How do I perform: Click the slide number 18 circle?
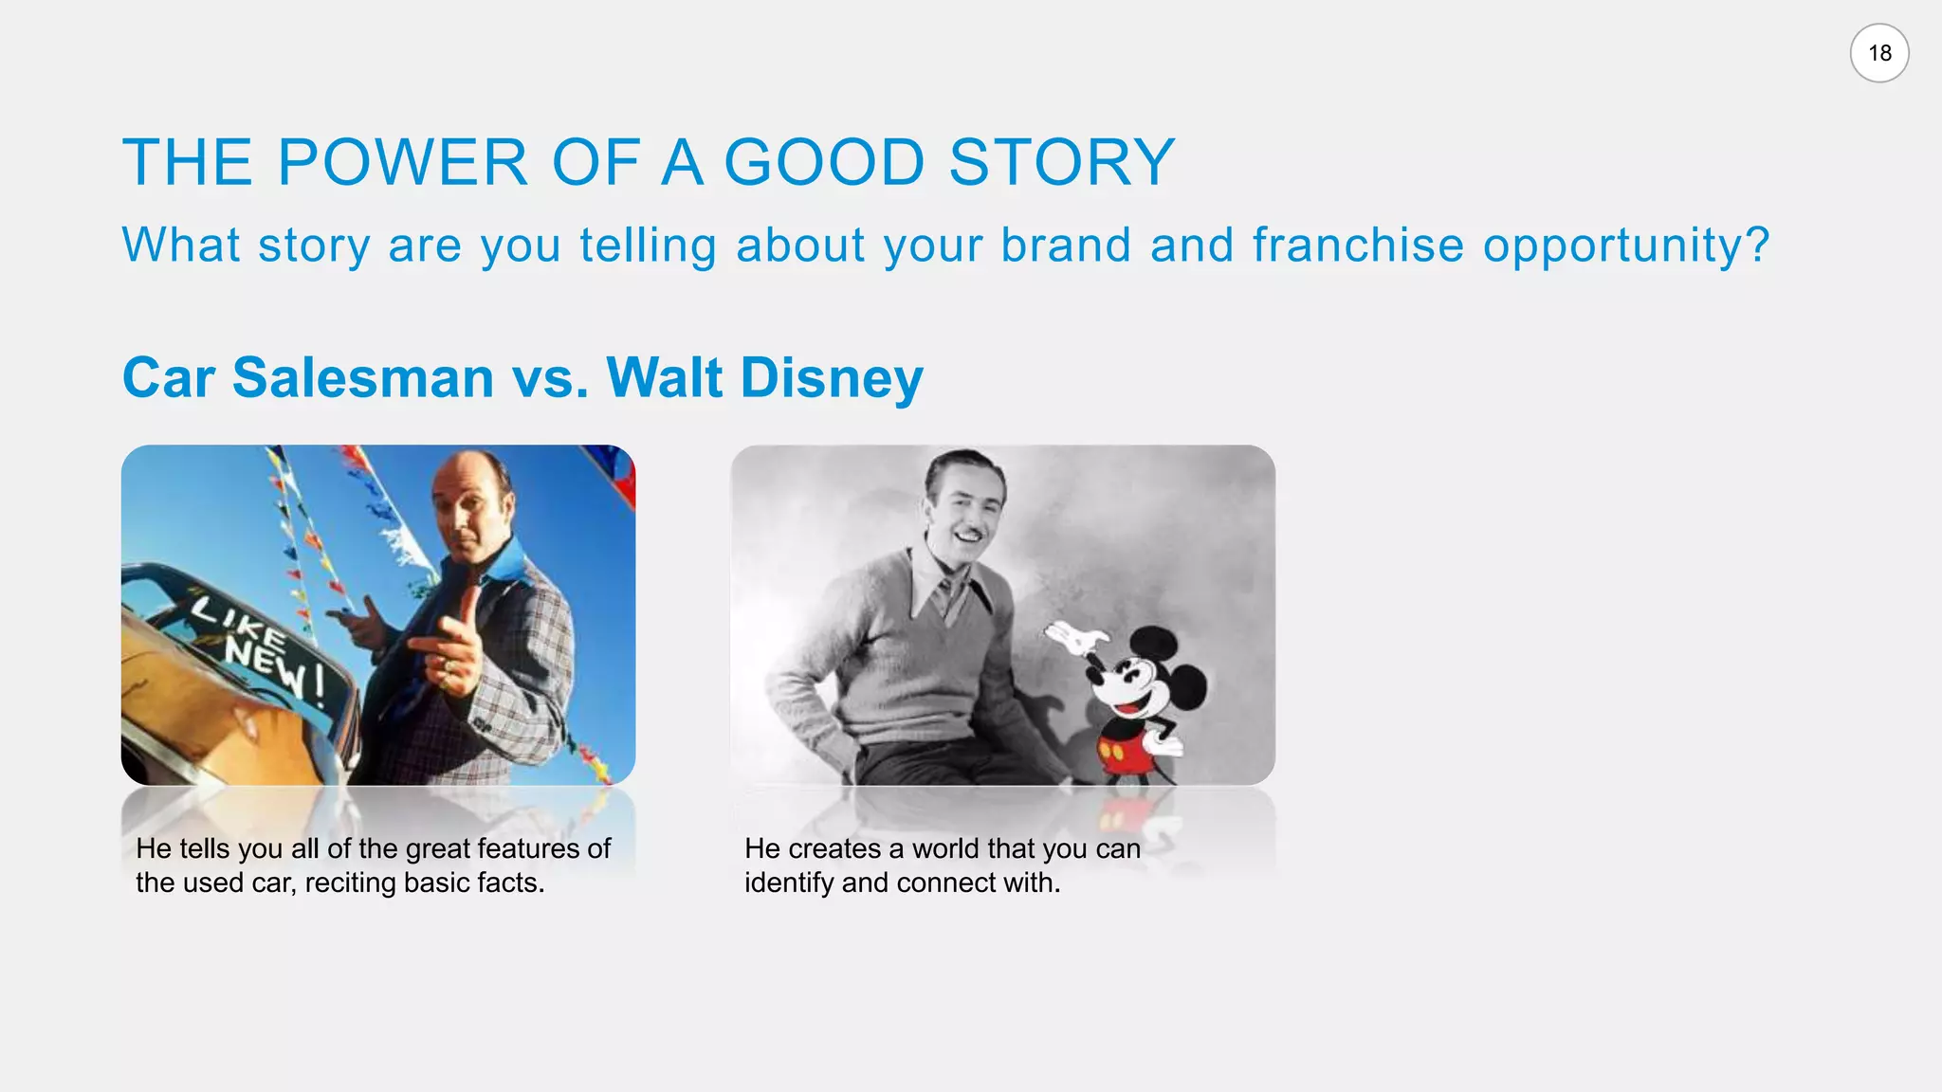coord(1878,53)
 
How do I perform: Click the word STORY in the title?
coord(1062,162)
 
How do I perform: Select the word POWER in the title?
coord(402,162)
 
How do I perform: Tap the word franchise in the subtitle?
coord(1358,245)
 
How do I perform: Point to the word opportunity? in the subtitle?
coord(1625,246)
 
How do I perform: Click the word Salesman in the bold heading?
coord(363,377)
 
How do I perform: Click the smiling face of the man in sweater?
coord(965,513)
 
